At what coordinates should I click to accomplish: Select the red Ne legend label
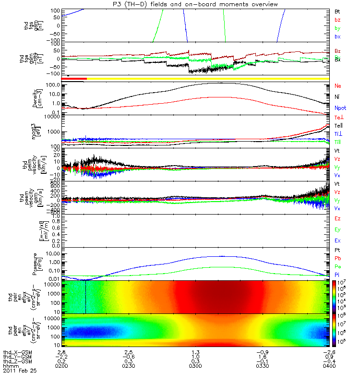(337, 86)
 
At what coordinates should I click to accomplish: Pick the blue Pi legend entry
(337, 274)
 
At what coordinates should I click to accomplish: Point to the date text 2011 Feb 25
(20, 371)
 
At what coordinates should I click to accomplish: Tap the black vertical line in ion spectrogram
(85, 297)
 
